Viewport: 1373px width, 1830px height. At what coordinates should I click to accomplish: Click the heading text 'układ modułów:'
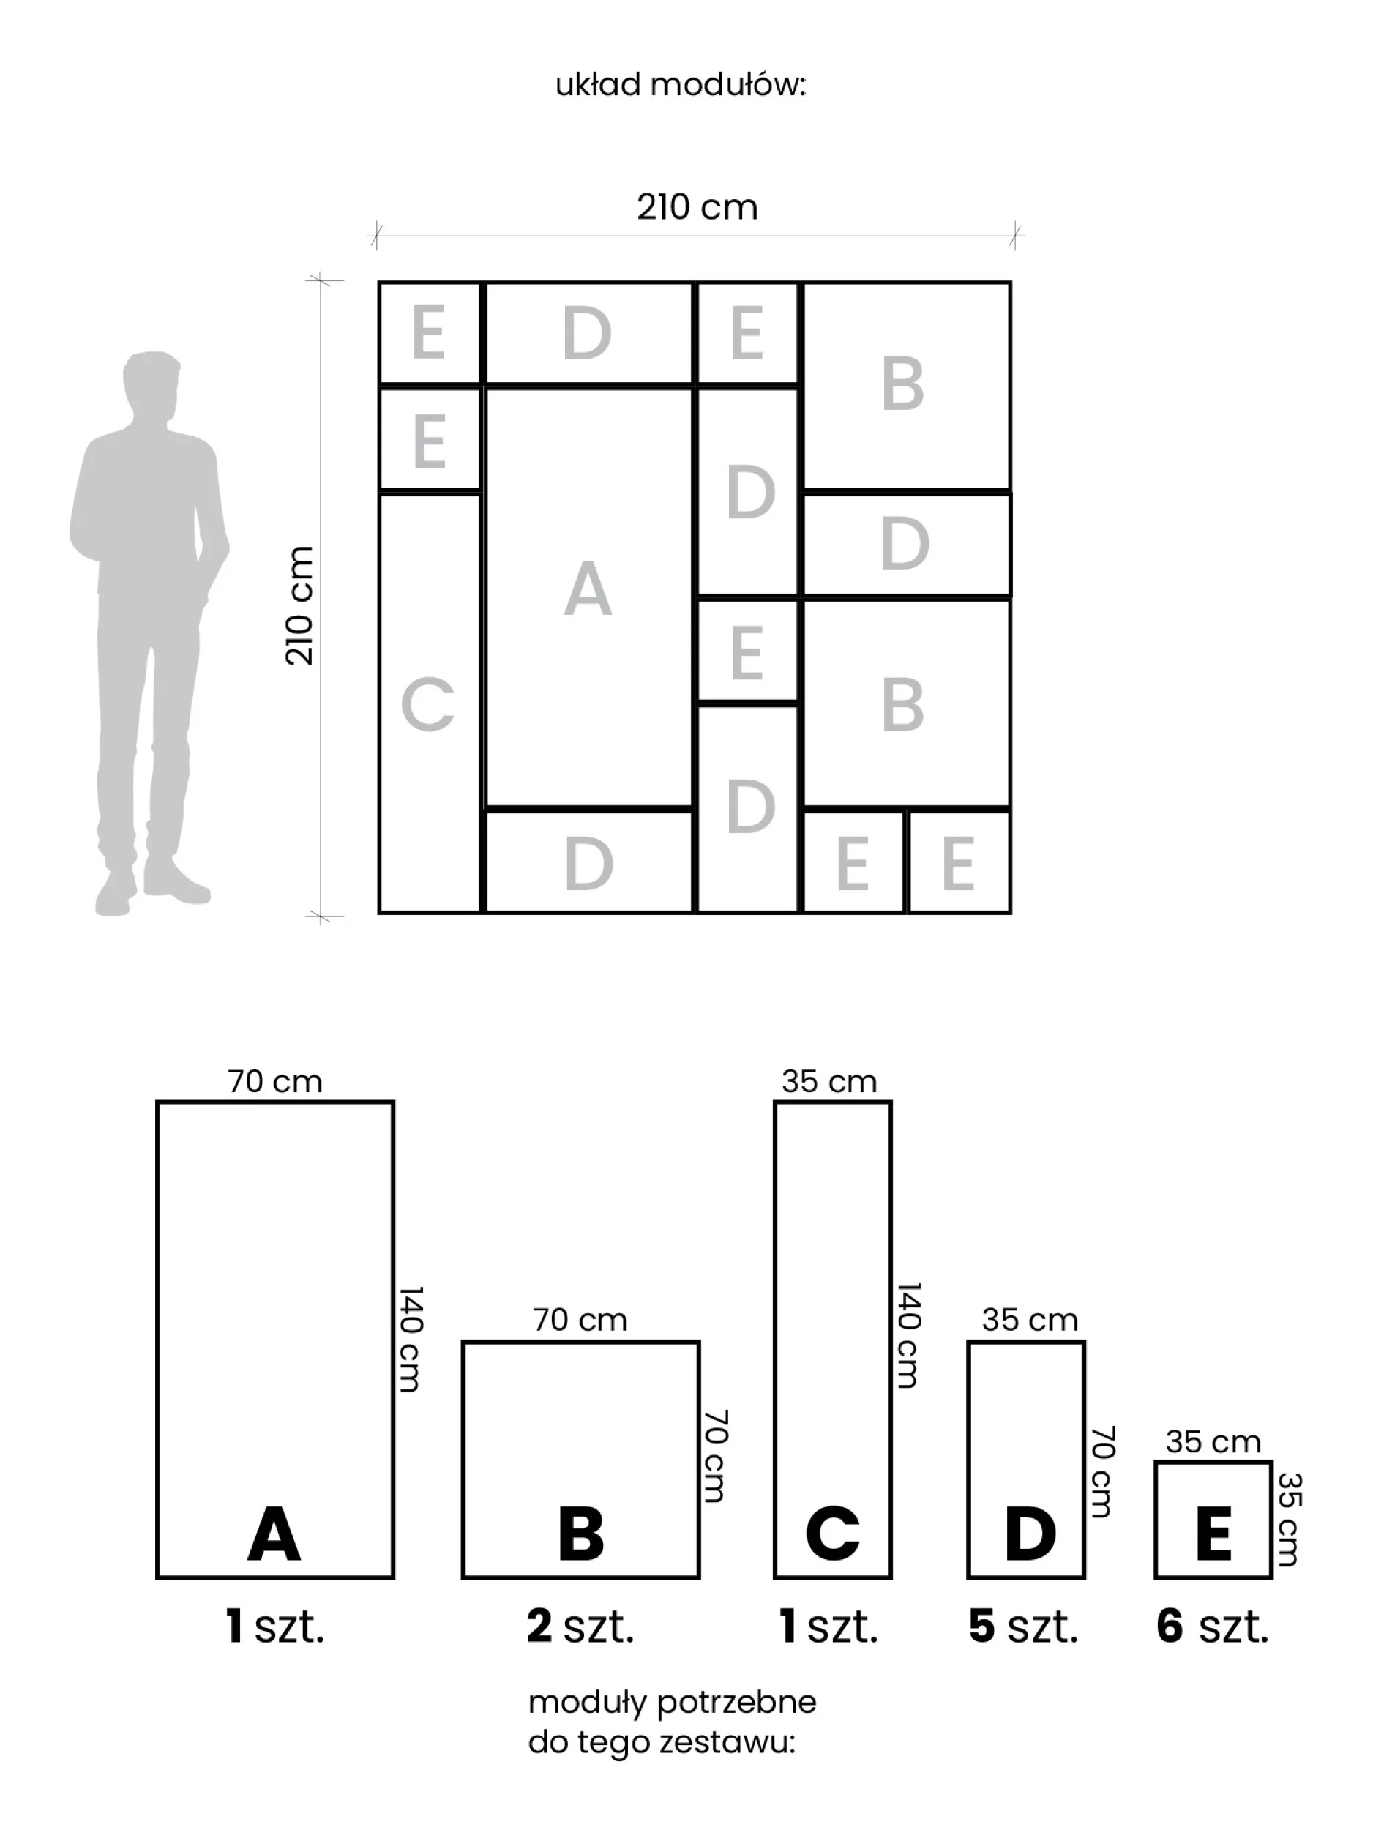680,85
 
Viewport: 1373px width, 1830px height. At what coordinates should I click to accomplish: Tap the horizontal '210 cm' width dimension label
697,208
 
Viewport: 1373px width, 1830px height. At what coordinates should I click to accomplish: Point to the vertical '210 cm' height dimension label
299,605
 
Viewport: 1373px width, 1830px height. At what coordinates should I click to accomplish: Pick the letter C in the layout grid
427,705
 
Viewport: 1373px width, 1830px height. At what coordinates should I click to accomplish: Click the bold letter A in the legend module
274,1533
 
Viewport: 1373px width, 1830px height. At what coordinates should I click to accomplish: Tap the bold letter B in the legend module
580,1533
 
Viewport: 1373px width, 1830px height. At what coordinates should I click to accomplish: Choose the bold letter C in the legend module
833,1533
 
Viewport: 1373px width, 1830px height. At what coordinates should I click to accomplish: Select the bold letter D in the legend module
1030,1533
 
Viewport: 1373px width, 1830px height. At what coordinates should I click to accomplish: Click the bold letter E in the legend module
1213,1533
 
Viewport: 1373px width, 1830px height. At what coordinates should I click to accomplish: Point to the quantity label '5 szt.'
1023,1627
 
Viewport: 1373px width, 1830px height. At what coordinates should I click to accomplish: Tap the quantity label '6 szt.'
1213,1627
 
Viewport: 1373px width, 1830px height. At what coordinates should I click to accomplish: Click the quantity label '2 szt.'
580,1627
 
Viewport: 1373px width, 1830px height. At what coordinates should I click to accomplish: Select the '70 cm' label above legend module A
274,1081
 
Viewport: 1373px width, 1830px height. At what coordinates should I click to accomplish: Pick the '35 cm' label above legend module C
828,1081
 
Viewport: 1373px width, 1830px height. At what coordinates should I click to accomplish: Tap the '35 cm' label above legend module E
1213,1442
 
